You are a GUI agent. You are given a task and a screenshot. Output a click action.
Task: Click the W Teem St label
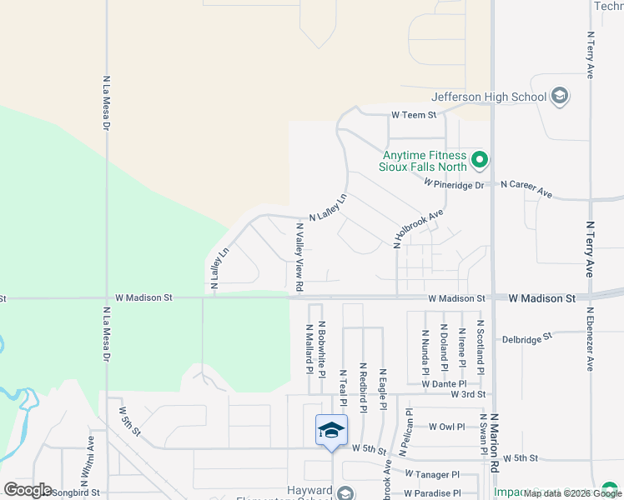tap(415, 115)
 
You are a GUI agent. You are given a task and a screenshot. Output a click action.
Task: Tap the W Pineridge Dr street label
tap(454, 183)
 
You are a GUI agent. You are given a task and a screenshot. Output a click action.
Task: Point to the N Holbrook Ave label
tap(418, 227)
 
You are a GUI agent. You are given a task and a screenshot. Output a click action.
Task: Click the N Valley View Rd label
tap(299, 257)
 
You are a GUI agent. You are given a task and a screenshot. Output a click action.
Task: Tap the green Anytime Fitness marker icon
tap(479, 158)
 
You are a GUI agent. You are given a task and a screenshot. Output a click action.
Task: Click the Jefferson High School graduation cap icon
tap(560, 97)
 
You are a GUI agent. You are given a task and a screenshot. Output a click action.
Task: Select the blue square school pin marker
tap(331, 430)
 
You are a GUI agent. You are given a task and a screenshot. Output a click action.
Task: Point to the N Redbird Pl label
tap(363, 387)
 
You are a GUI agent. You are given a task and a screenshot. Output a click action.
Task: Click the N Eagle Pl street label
tap(382, 389)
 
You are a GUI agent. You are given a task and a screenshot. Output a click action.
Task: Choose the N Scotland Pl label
tap(480, 343)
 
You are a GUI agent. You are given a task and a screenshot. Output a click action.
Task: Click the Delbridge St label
tap(527, 337)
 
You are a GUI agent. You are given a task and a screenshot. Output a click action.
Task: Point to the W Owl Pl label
tap(446, 426)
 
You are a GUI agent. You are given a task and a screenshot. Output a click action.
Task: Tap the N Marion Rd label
tap(494, 450)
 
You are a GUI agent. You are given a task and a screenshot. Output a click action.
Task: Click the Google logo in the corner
tap(28, 490)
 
